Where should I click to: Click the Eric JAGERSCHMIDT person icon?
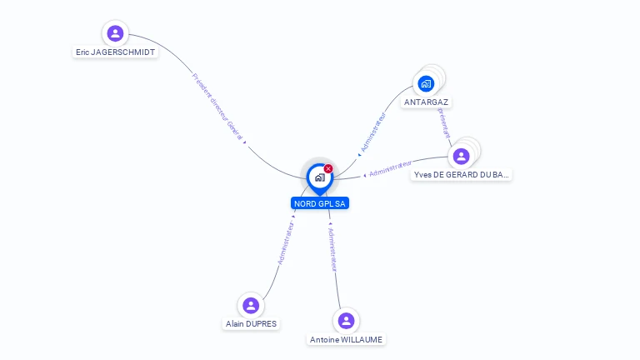[x=115, y=33]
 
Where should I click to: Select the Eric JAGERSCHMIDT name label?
[x=115, y=52]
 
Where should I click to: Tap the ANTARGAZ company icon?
[x=426, y=83]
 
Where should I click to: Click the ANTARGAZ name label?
[x=427, y=102]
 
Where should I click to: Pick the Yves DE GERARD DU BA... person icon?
[x=460, y=156]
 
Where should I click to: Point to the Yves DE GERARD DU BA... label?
[x=461, y=175]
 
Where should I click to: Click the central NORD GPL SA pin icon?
[x=319, y=177]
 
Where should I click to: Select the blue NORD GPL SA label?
[x=320, y=203]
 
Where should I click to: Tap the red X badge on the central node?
[x=328, y=168]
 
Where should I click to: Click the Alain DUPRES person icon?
[x=251, y=305]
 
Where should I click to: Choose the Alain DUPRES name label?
[x=251, y=324]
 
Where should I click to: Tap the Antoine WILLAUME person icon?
[x=346, y=321]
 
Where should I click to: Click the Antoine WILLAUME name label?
[x=347, y=340]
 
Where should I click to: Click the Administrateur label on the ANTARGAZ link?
[x=372, y=133]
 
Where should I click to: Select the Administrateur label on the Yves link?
[x=391, y=168]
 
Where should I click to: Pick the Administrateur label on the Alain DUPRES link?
[x=285, y=242]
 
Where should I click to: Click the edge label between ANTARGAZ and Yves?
[x=443, y=121]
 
